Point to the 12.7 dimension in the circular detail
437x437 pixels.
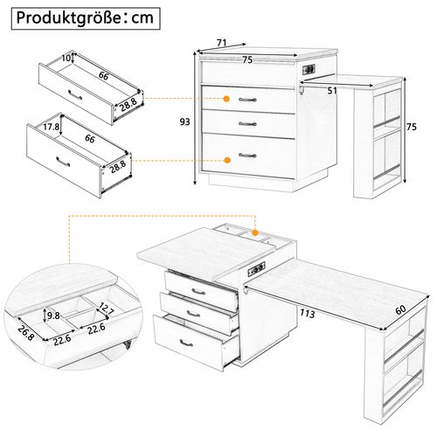[105, 307]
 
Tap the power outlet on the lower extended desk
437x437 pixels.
[259, 270]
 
